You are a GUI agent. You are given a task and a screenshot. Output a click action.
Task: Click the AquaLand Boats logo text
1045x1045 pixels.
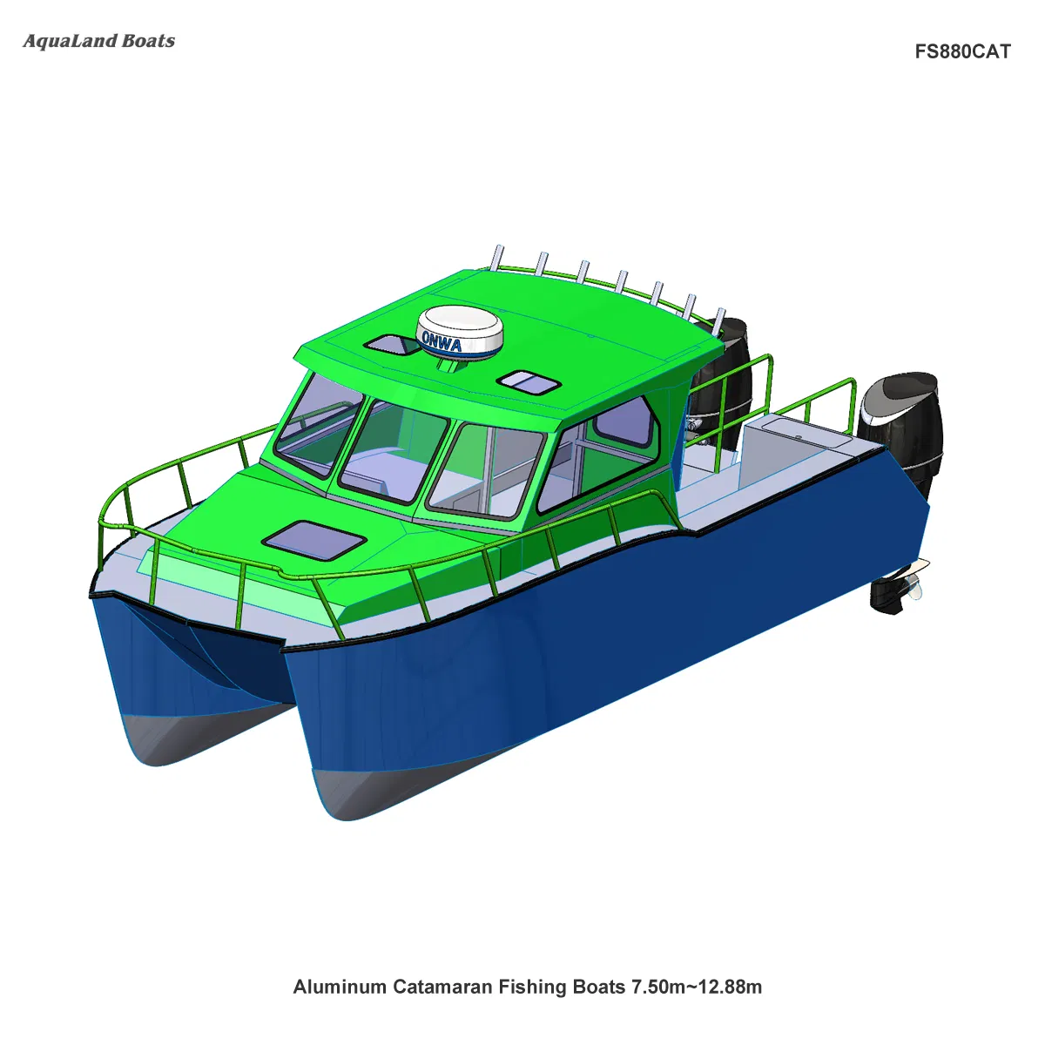pyautogui.click(x=98, y=41)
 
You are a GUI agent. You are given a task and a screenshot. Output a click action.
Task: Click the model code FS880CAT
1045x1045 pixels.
pyautogui.click(x=962, y=51)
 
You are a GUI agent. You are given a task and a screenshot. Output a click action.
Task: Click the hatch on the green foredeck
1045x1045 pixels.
pyautogui.click(x=314, y=541)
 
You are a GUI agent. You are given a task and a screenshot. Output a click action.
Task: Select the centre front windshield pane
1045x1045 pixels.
pyautogui.click(x=392, y=453)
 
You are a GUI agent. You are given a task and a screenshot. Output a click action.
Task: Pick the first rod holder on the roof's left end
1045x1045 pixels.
pyautogui.click(x=497, y=257)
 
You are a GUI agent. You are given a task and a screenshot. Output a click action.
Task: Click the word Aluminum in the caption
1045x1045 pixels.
pyautogui.click(x=340, y=987)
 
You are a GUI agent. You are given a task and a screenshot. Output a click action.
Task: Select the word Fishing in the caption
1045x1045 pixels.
pyautogui.click(x=533, y=987)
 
